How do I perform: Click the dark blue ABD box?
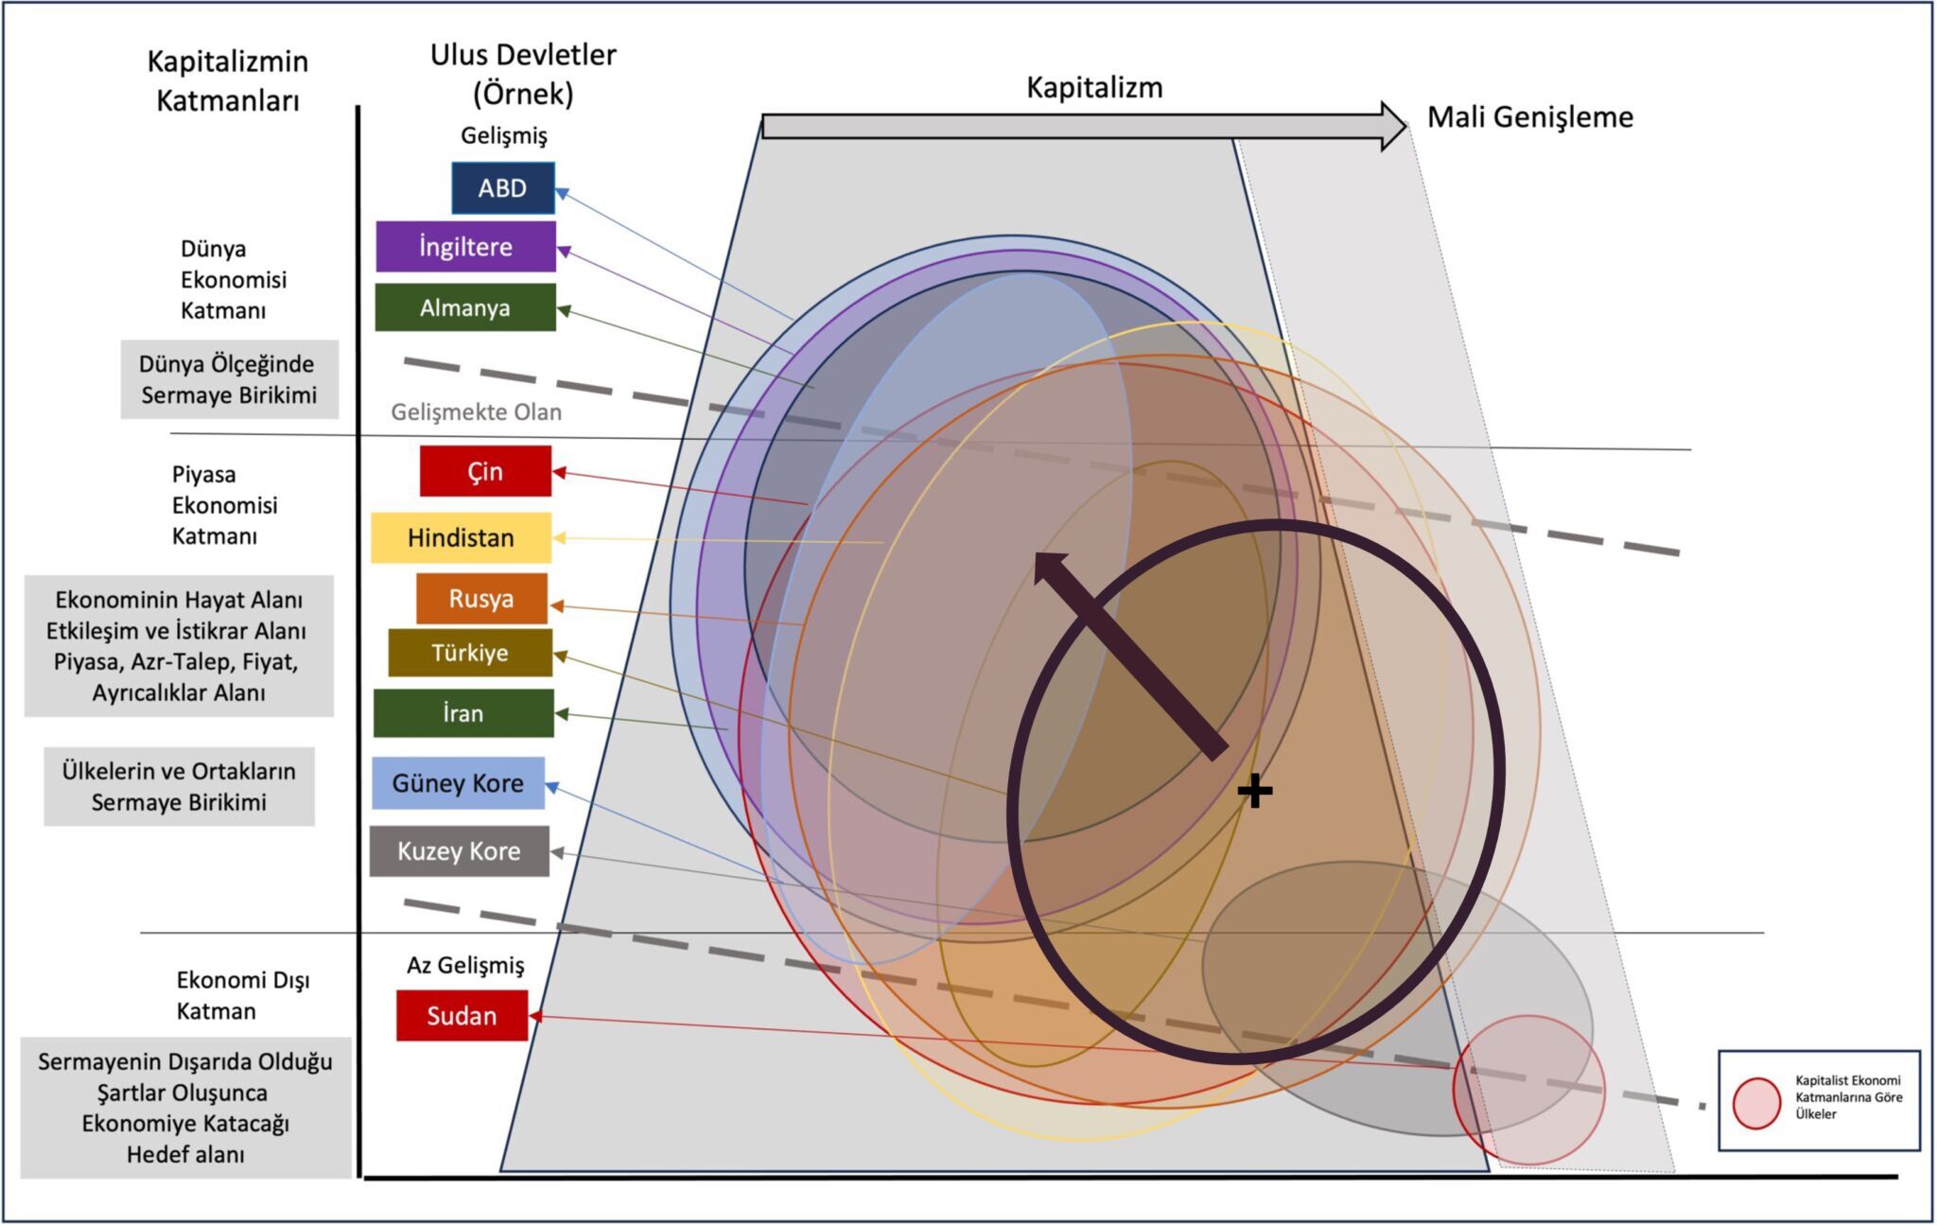point(503,188)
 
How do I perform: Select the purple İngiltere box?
point(465,247)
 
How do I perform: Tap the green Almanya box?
point(465,307)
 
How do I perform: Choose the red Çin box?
point(485,471)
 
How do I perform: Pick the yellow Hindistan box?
point(461,537)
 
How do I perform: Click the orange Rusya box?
point(481,599)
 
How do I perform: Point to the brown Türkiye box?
point(470,653)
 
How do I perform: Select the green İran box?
point(463,713)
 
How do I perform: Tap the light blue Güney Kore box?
point(458,783)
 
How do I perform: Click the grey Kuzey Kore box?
point(459,851)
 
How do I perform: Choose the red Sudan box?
point(462,1016)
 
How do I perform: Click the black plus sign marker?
point(1255,791)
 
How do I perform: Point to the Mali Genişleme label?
point(1530,117)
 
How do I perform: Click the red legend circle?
point(1757,1104)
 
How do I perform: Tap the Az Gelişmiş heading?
point(465,966)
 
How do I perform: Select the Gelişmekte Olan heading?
point(477,412)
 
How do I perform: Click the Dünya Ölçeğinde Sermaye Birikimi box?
point(229,379)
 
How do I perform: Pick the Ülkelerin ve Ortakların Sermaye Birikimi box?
point(179,787)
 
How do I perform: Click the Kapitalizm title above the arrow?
point(1094,88)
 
